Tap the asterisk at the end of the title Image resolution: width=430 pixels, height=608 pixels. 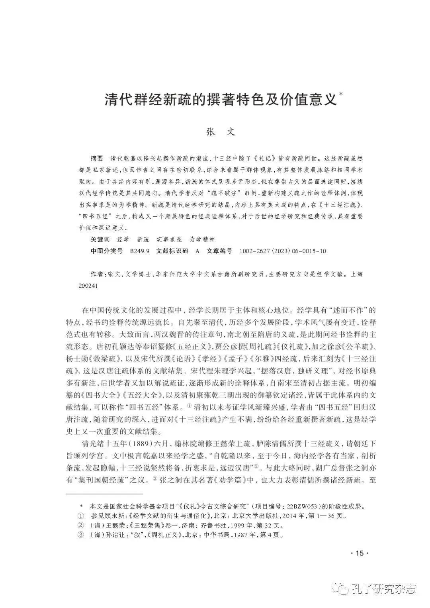point(340,94)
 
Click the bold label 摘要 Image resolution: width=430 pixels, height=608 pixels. point(97,158)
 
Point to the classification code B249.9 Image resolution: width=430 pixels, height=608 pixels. point(140,251)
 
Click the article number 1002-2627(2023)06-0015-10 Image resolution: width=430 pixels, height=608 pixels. point(283,251)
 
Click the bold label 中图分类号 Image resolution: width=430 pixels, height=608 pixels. point(106,251)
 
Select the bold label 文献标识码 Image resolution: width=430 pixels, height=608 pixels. point(172,251)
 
